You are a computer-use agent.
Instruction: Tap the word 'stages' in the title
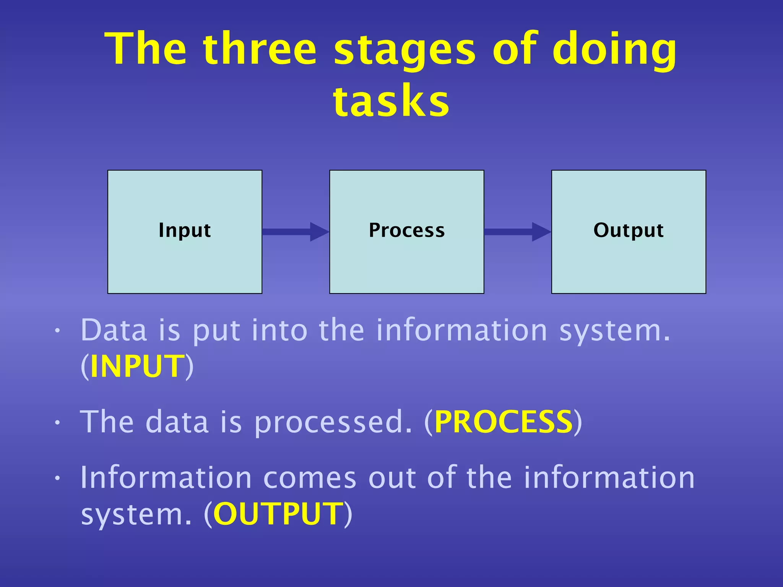point(404,52)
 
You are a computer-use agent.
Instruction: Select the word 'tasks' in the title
point(391,101)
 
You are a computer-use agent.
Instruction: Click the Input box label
point(185,230)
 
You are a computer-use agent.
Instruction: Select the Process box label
point(407,230)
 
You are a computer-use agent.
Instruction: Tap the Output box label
point(628,230)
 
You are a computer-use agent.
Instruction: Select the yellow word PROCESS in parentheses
point(504,422)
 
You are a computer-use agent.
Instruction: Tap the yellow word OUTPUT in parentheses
point(278,514)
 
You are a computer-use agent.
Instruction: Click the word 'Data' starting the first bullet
point(114,330)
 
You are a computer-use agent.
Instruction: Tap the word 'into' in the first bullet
point(279,330)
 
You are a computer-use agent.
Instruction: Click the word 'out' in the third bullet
point(391,478)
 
